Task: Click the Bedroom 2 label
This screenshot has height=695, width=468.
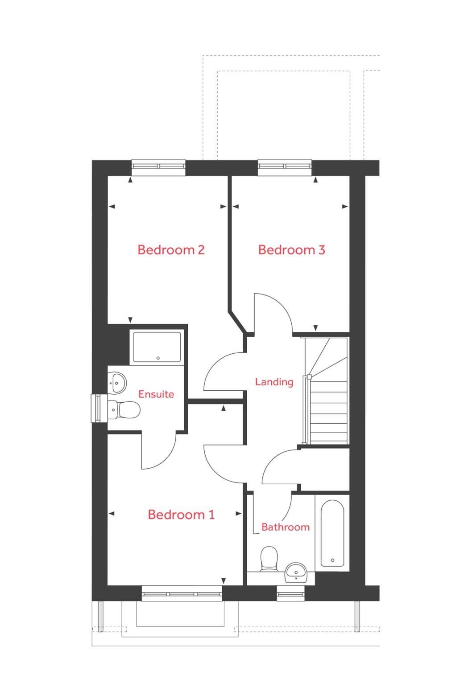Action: (x=171, y=249)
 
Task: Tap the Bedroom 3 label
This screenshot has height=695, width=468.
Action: (x=291, y=250)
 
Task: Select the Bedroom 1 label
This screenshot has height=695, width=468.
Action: (x=181, y=515)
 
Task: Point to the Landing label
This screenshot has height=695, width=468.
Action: (x=274, y=382)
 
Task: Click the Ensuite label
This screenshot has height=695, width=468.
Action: (x=156, y=394)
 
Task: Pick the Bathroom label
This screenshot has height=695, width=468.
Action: (x=286, y=527)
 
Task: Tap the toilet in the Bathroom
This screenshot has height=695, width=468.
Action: (x=269, y=559)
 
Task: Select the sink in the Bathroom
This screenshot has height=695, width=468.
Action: (x=296, y=571)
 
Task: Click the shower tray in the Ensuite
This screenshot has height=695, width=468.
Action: (x=157, y=347)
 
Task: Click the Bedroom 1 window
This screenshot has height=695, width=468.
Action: (x=182, y=593)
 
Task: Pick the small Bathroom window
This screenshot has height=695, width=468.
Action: (x=290, y=593)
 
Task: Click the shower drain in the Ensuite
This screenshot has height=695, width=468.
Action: (x=158, y=358)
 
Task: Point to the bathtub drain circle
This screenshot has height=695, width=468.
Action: (x=332, y=560)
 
